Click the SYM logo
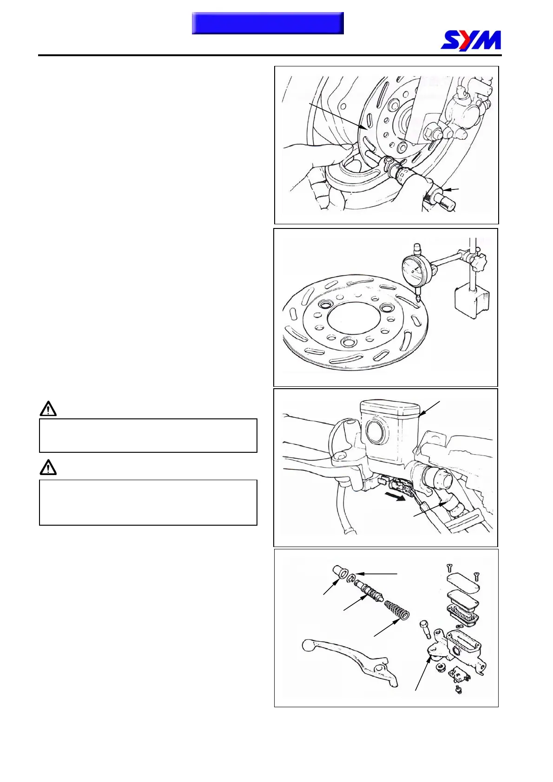click(471, 40)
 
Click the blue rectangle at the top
click(268, 23)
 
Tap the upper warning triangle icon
click(48, 409)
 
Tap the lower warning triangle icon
click(48, 467)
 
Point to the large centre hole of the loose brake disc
click(354, 320)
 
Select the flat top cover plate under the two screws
click(462, 583)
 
